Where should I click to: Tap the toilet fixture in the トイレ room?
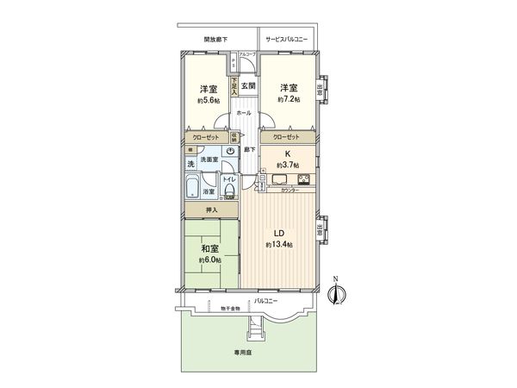[229, 189]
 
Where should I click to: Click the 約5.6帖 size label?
[208, 100]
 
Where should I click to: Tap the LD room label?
[280, 233]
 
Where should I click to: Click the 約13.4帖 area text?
[280, 245]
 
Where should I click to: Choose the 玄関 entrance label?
[248, 85]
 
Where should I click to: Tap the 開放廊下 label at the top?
[216, 40]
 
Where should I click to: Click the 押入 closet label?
[211, 210]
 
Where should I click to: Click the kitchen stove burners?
[305, 179]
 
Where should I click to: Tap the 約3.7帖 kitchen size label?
[287, 164]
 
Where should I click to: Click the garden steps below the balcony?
[254, 329]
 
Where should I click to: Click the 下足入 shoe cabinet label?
[234, 85]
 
